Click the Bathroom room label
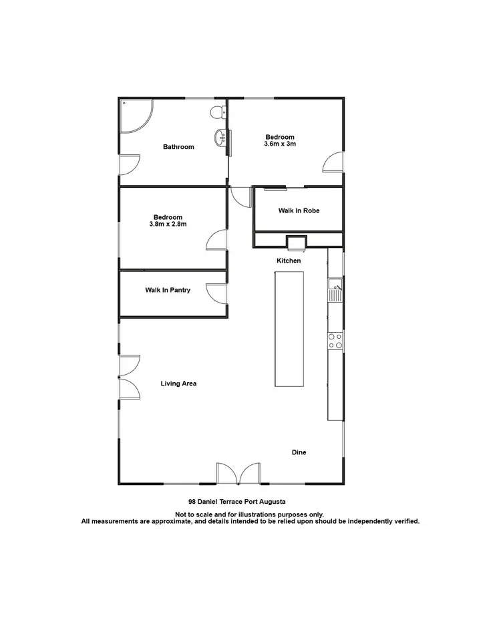pyautogui.click(x=178, y=147)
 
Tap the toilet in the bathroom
pyautogui.click(x=216, y=112)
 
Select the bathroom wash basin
pyautogui.click(x=220, y=138)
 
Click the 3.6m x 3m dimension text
pyautogui.click(x=280, y=144)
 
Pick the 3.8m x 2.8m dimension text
pyautogui.click(x=168, y=224)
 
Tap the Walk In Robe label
pyautogui.click(x=299, y=210)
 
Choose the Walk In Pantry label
pyautogui.click(x=168, y=290)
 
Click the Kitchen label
pyautogui.click(x=289, y=261)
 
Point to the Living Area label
pyautogui.click(x=178, y=383)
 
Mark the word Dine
pyautogui.click(x=299, y=452)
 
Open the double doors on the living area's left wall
pyautogui.click(x=129, y=377)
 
